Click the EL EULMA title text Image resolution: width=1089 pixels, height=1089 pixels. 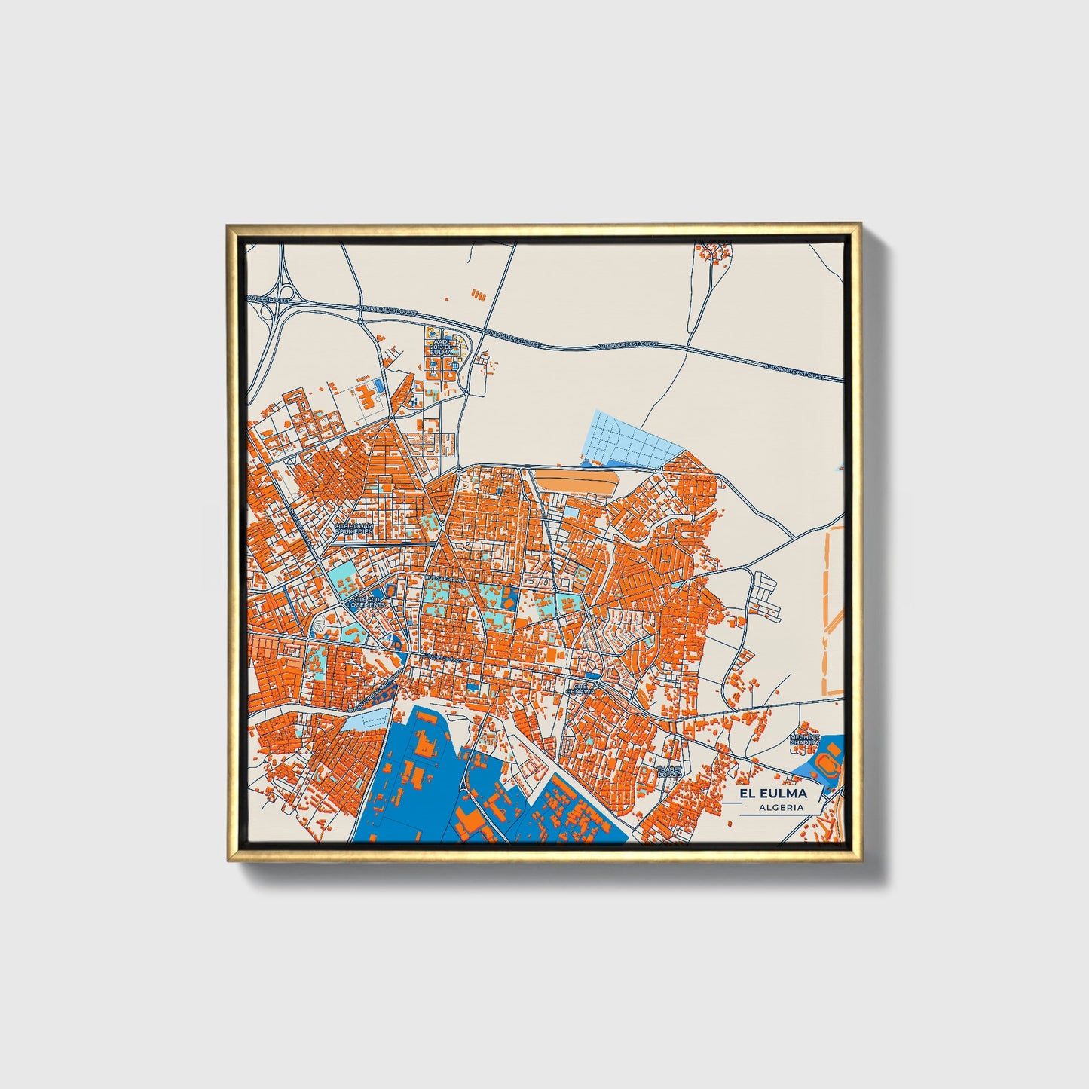[772, 794]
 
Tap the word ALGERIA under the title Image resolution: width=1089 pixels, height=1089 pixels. [782, 807]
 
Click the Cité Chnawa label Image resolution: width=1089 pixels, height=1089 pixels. [580, 687]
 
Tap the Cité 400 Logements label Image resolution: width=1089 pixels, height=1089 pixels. [368, 601]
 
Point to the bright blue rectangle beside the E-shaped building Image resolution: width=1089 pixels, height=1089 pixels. [379, 385]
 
